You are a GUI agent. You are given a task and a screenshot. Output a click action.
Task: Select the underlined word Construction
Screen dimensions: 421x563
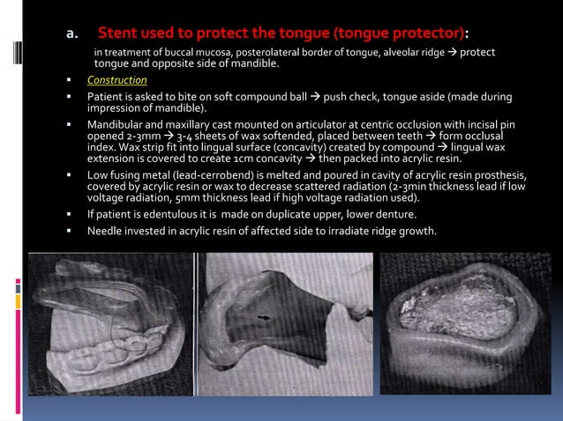click(116, 81)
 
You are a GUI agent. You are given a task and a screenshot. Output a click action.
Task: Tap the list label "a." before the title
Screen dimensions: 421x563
click(74, 34)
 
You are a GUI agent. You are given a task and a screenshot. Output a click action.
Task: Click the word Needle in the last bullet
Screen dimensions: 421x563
click(104, 231)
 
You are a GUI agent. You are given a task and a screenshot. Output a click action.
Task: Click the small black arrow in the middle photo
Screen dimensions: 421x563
click(263, 314)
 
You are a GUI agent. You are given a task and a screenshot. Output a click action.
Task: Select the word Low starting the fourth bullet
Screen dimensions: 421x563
click(96, 174)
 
